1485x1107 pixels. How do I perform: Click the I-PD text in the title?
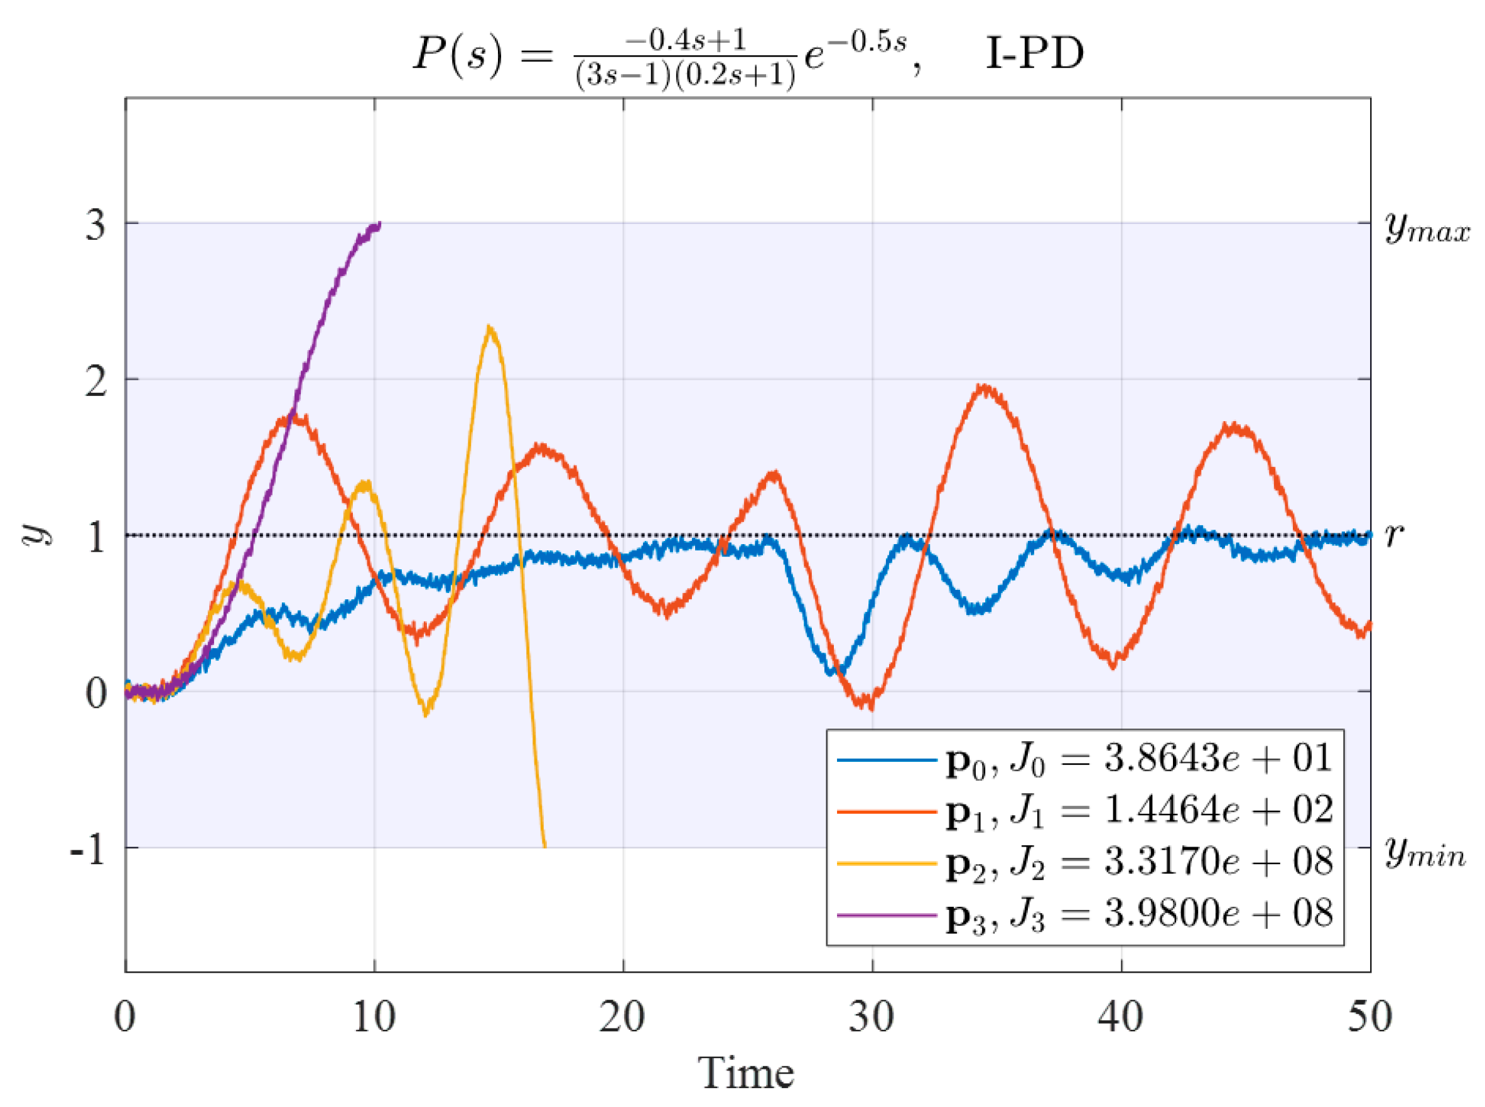(1033, 53)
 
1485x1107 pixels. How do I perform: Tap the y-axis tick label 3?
(95, 225)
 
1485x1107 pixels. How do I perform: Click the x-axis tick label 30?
(871, 1017)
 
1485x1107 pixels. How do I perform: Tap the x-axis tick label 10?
(374, 1017)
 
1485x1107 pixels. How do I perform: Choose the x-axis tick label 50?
(1369, 1017)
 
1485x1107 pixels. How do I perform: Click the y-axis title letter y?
(37, 535)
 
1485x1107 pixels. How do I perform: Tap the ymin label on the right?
(1425, 853)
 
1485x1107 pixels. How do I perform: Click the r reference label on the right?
(1393, 535)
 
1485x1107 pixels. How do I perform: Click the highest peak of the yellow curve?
(491, 328)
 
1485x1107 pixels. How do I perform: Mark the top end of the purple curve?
(379, 224)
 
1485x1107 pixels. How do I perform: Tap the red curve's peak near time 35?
(983, 387)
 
